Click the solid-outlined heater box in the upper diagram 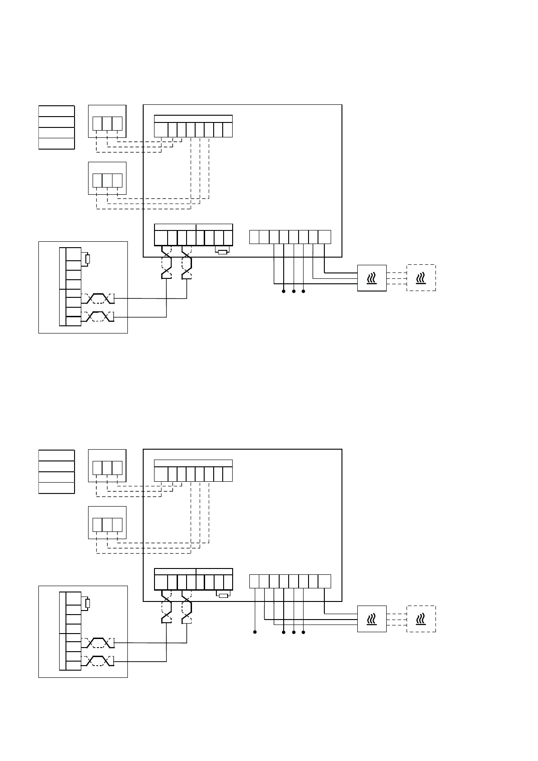click(372, 278)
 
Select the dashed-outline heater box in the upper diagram click(421, 277)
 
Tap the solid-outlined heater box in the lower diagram click(372, 619)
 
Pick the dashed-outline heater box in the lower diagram click(421, 619)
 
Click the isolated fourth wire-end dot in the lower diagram click(255, 632)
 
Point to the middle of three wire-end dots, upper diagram click(294, 291)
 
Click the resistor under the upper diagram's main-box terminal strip click(222, 252)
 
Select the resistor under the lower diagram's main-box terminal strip click(223, 596)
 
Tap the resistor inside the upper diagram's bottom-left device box click(88, 259)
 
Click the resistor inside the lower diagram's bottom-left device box click(88, 603)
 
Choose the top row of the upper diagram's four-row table click(56, 111)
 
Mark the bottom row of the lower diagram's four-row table click(56, 488)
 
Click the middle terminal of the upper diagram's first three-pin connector click(107, 123)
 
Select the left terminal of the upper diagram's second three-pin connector click(97, 180)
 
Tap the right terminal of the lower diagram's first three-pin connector click(117, 468)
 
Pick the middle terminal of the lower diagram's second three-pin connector click(107, 525)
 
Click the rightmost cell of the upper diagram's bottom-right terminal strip click(325, 237)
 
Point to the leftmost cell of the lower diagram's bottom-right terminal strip click(254, 582)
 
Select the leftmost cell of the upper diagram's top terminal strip click(161, 130)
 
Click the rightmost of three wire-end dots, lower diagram click(304, 632)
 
